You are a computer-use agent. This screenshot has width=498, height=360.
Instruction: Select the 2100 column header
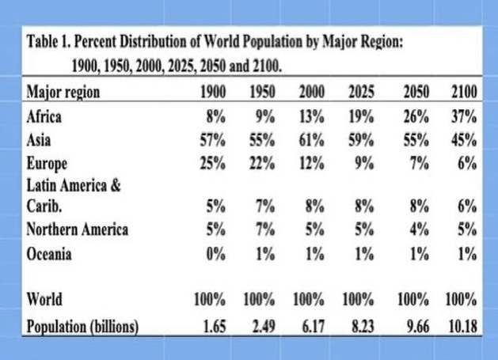[462, 92]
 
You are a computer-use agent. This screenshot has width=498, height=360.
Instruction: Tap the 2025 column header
[361, 92]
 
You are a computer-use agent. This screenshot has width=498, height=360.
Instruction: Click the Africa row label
[45, 117]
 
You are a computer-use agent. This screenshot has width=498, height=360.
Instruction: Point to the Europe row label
[47, 164]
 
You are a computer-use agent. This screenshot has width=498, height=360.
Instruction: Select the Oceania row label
[49, 253]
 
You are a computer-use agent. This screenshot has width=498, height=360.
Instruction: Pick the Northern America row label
[77, 230]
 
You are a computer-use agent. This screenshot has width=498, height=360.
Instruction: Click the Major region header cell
[63, 92]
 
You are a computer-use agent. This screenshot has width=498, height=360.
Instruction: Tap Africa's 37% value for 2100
[462, 117]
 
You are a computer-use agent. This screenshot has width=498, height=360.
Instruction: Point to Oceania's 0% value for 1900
[215, 253]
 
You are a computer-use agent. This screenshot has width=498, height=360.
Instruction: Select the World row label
[44, 300]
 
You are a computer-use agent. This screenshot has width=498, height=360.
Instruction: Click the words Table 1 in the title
[49, 41]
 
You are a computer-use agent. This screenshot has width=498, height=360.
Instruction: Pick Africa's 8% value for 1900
[215, 117]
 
